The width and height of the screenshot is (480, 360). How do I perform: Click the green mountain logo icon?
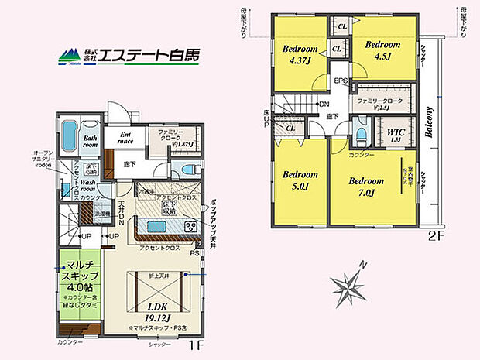click(x=67, y=55)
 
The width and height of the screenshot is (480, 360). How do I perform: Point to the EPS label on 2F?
click(x=341, y=81)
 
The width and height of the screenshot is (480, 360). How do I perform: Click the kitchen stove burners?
click(x=190, y=227)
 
